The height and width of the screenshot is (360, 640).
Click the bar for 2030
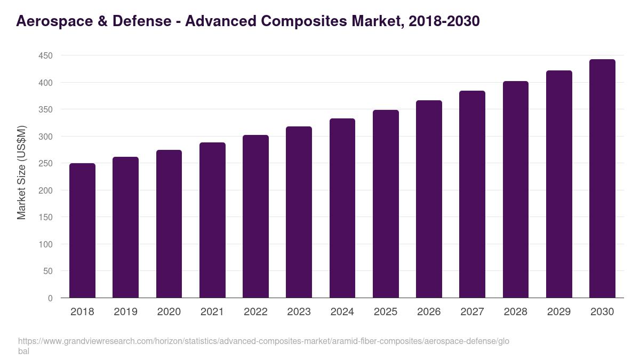pos(602,179)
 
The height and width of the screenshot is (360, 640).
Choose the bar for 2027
pos(472,194)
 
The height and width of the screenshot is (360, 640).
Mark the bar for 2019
pos(125,227)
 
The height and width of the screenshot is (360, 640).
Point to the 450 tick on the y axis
pos(46,55)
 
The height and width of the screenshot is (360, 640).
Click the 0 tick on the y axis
pos(50,298)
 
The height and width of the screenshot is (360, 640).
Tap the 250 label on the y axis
pos(46,163)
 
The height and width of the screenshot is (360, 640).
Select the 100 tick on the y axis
pos(46,244)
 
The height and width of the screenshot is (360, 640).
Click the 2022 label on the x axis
pos(255,312)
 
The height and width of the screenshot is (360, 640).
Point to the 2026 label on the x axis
pos(429,312)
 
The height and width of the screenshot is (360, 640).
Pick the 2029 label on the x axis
pos(559,312)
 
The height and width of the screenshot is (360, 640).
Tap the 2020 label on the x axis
pos(169,312)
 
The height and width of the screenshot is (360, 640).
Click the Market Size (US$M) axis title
pos(21,172)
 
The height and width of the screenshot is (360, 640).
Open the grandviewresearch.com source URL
pos(264,341)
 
